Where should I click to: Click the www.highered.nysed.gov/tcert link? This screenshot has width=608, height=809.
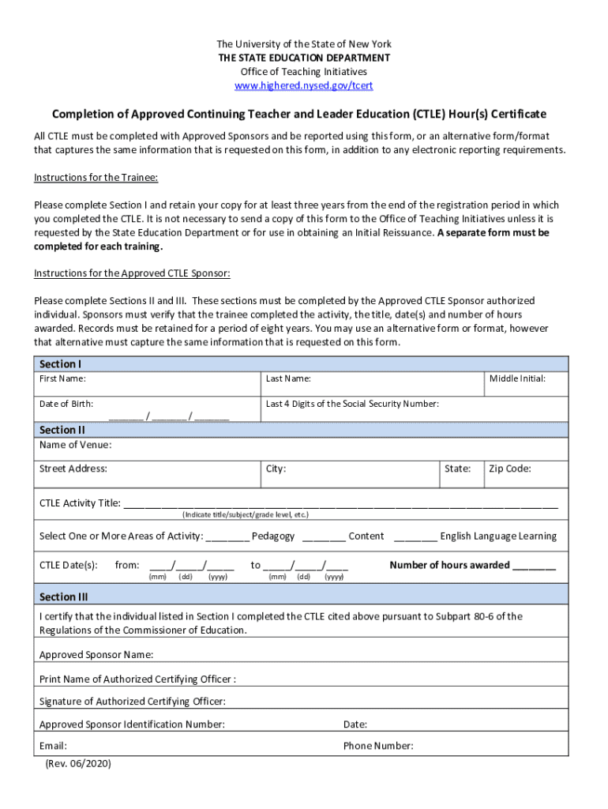pos(304,85)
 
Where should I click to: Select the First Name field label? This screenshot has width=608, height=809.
pos(63,379)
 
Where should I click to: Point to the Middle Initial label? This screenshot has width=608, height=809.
pos(517,379)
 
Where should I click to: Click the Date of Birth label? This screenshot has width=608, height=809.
pos(66,404)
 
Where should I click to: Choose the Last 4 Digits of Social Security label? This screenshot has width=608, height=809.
pos(352,404)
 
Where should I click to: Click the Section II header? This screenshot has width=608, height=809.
pos(62,430)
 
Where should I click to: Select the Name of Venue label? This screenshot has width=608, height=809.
pos(76,445)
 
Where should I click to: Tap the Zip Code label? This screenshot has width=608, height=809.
pos(510,469)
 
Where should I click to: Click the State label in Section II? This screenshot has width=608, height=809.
pos(457,469)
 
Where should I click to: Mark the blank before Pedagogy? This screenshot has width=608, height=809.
pos(227,537)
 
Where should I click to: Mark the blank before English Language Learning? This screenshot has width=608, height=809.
pos(415,537)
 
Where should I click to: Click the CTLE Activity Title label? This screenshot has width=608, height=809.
pos(80,503)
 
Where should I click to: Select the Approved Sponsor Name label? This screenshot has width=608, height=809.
pos(96,655)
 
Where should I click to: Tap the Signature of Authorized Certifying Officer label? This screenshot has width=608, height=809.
pos(133,702)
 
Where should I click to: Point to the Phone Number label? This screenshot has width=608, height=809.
pos(378,746)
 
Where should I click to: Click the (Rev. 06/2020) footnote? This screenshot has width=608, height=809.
pos(78,764)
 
